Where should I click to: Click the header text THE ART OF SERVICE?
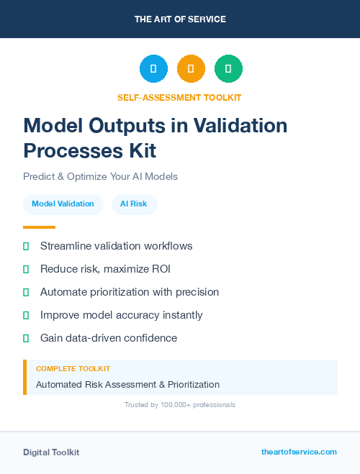coord(180,19)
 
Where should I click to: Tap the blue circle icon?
coord(153,69)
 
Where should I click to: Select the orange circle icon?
coord(191,69)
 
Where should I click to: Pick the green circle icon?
coord(228,69)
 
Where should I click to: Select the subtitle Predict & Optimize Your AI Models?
coord(100,176)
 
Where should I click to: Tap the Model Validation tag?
coord(63,204)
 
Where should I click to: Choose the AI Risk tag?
coord(134,204)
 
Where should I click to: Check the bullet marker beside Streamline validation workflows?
coord(26,247)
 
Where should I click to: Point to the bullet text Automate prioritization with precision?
coord(130,292)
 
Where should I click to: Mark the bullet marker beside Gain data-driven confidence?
coord(26,338)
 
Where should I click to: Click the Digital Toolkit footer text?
coord(51,452)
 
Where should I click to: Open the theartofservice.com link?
coord(299,452)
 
